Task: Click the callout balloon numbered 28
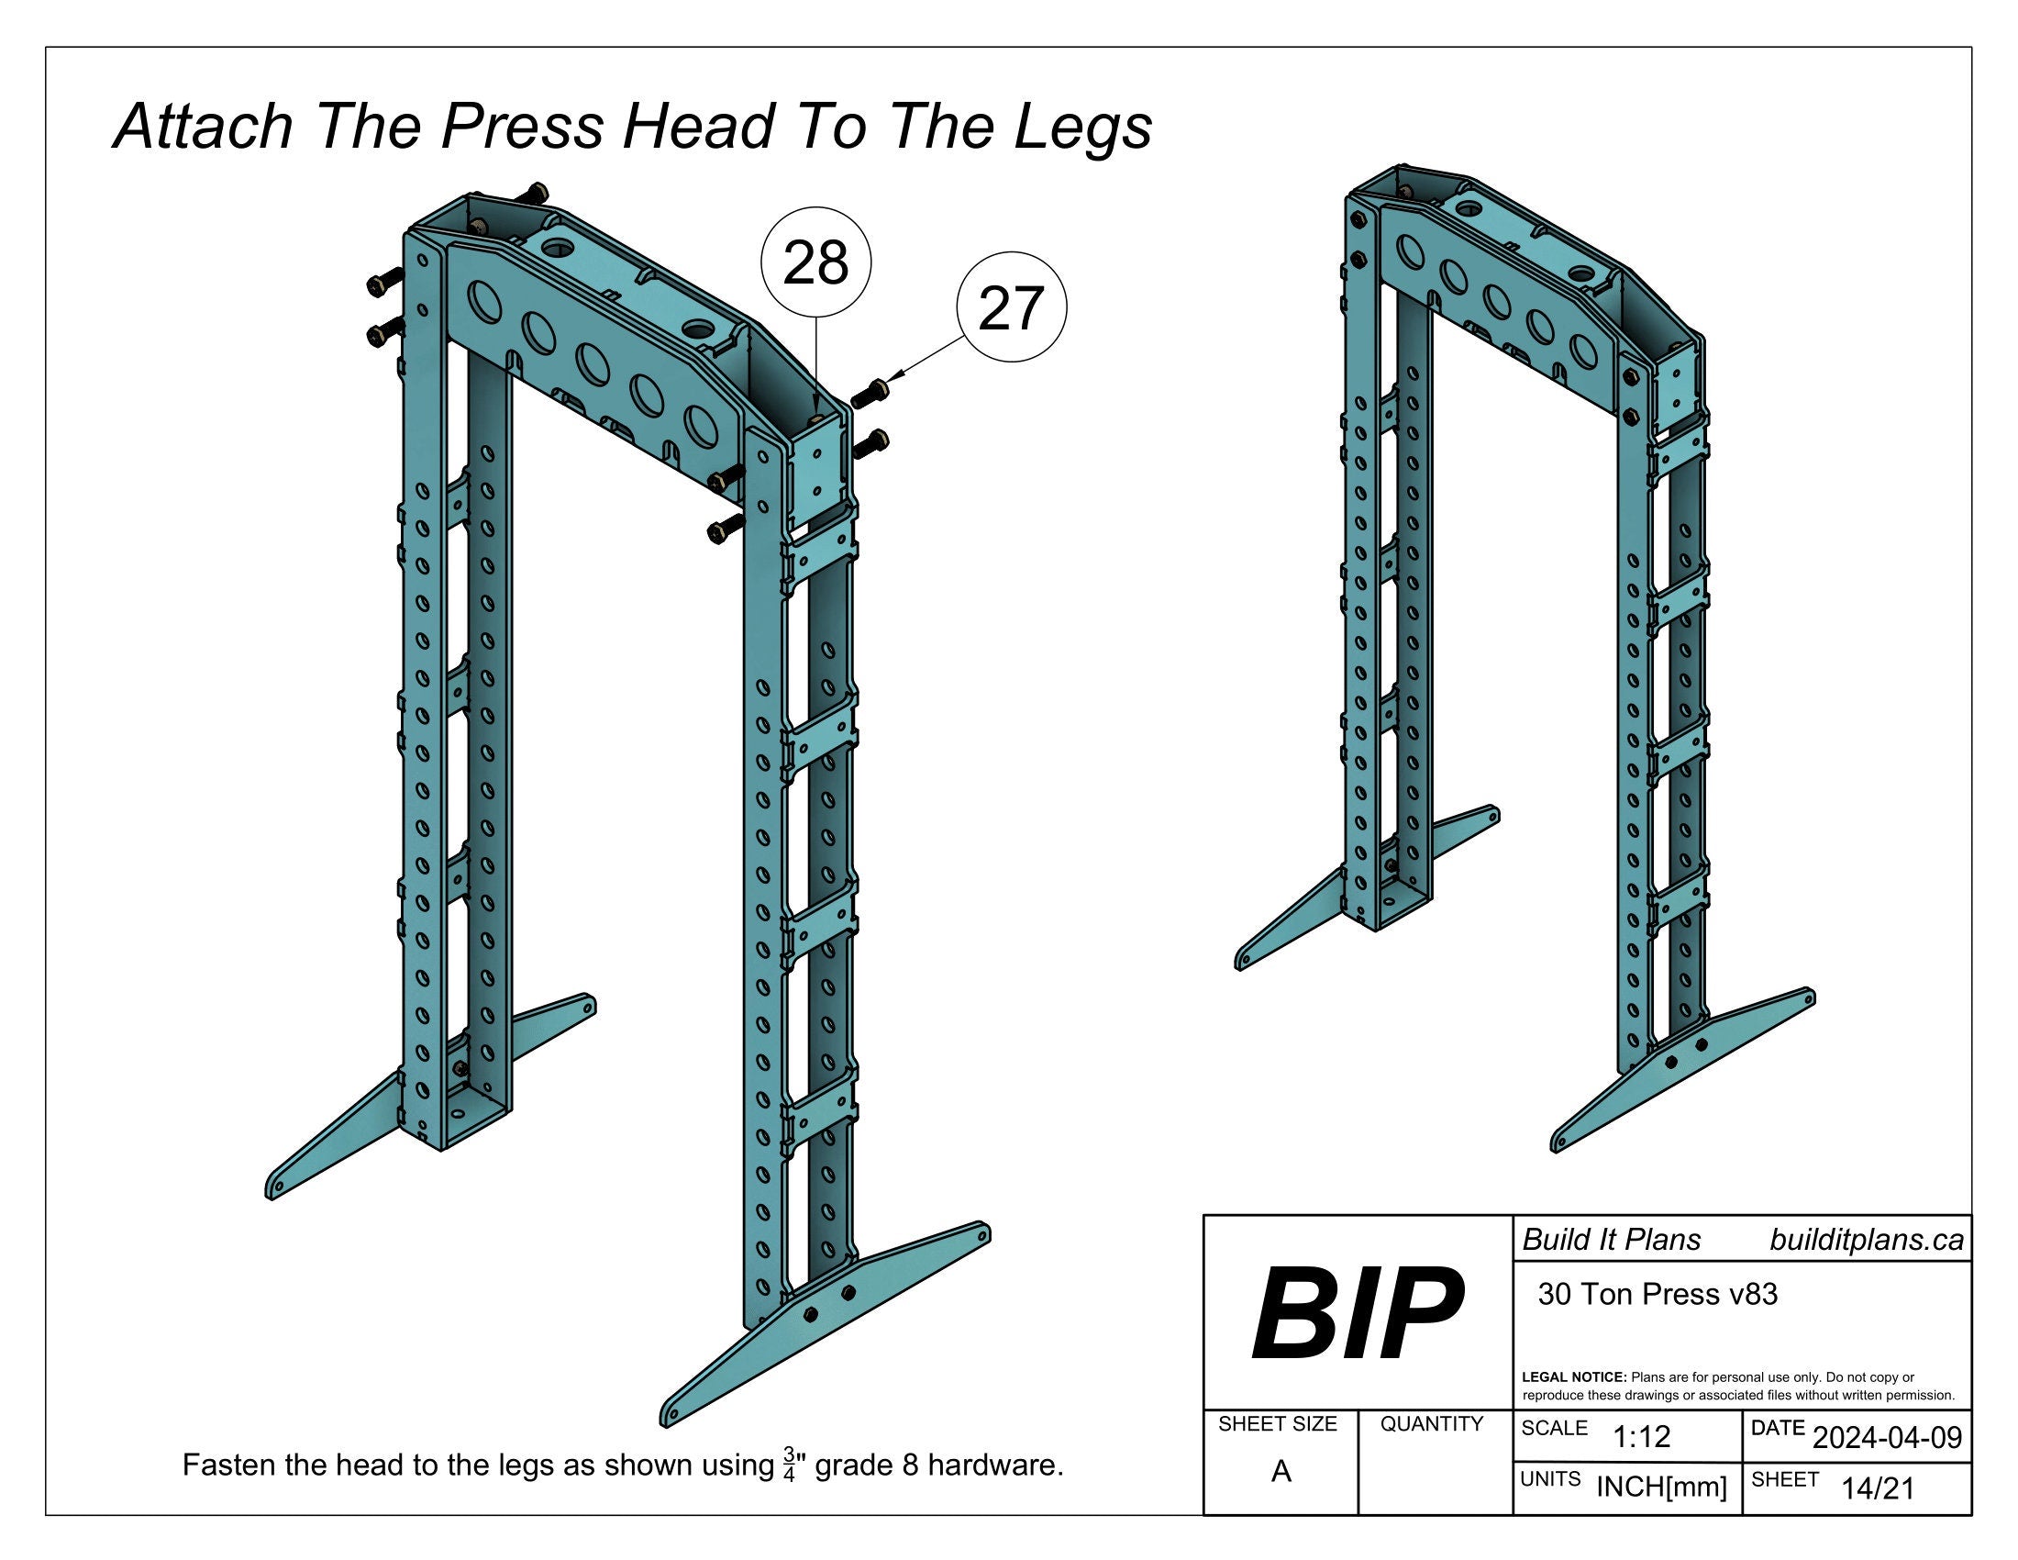tap(815, 262)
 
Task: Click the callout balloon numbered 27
tap(1011, 307)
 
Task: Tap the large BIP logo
tap(1357, 1315)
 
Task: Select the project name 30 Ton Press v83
tap(1658, 1294)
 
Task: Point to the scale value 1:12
tap(1642, 1436)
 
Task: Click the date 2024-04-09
tap(1887, 1437)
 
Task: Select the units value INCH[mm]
tap(1661, 1487)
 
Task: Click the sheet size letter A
tap(1281, 1471)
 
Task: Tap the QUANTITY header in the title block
tap(1431, 1424)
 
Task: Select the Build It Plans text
tap(1612, 1240)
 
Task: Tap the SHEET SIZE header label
tap(1277, 1424)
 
